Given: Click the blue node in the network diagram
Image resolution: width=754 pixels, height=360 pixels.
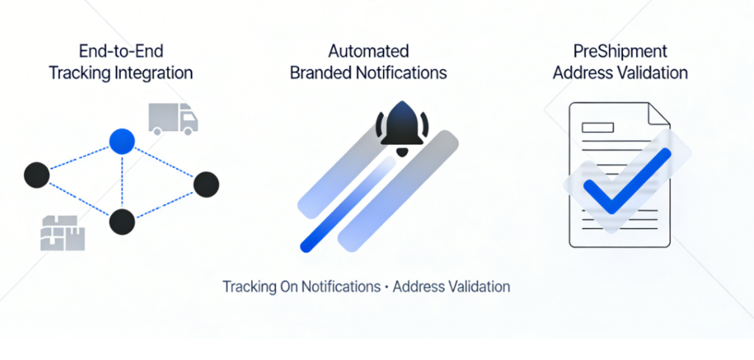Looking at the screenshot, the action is (x=122, y=141).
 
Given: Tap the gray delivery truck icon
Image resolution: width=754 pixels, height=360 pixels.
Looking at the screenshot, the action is (x=173, y=119).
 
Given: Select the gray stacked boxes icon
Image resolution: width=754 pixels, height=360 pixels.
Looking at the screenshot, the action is (x=63, y=233).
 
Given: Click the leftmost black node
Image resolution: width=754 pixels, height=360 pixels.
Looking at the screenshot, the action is (x=37, y=175).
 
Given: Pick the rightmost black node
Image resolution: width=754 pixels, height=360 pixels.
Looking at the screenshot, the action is (x=206, y=184).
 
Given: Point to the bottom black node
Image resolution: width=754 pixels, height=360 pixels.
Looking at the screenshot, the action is (x=122, y=222).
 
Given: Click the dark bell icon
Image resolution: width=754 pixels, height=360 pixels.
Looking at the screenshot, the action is (x=402, y=129).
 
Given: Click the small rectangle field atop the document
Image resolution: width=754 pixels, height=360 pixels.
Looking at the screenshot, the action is (x=598, y=127).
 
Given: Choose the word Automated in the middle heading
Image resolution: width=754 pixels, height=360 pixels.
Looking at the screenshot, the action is (x=368, y=51).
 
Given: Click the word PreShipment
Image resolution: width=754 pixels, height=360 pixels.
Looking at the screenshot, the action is (x=620, y=52).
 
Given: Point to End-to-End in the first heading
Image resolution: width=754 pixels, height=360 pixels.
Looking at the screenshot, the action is (x=121, y=51).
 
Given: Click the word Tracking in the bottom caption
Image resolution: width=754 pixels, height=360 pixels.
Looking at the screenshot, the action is (x=248, y=287).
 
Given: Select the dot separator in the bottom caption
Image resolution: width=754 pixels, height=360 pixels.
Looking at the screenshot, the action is (x=386, y=287).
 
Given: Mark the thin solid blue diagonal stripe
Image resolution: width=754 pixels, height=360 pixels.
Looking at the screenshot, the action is (x=348, y=204).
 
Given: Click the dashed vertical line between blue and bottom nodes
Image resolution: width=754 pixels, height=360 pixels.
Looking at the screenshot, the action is (x=122, y=182).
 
